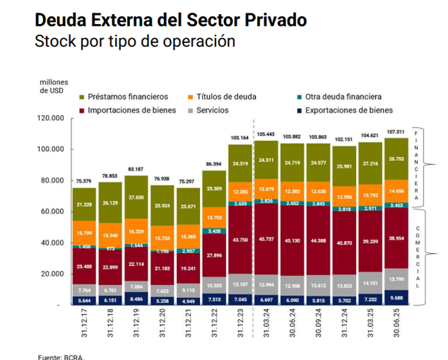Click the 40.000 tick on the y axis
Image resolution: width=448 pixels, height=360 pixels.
tap(53, 243)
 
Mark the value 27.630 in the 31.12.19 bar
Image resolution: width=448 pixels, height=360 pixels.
tap(136, 198)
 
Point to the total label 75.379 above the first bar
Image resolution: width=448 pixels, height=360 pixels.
tap(83, 181)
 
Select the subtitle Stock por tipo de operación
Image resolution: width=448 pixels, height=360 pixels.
tap(135, 41)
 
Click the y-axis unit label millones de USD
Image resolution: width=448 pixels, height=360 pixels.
tap(54, 86)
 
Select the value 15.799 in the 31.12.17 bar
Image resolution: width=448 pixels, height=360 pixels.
tap(83, 233)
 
